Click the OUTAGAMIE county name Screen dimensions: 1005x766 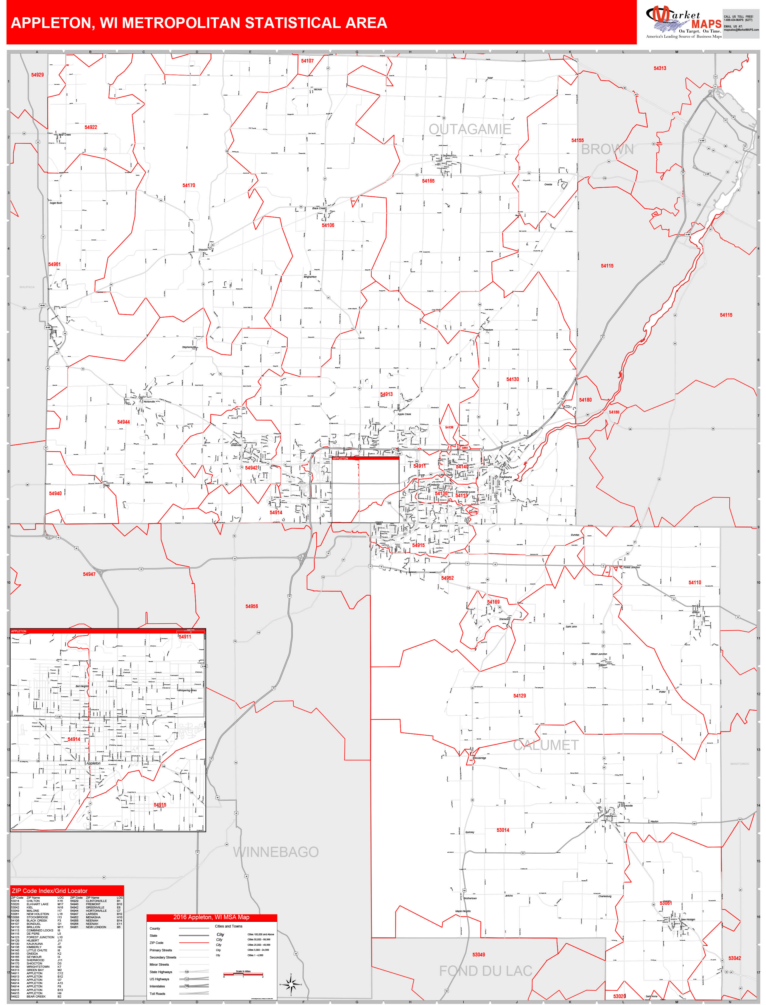470,130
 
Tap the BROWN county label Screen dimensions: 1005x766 607,150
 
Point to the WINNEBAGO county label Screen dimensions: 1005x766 275,852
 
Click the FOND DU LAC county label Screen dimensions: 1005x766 485,971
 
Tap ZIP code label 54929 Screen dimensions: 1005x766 38,75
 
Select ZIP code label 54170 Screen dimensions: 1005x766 189,186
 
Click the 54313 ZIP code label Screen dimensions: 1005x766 659,69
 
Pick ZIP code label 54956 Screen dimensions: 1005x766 252,606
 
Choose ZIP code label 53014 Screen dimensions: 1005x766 503,830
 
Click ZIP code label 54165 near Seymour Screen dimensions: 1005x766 428,181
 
